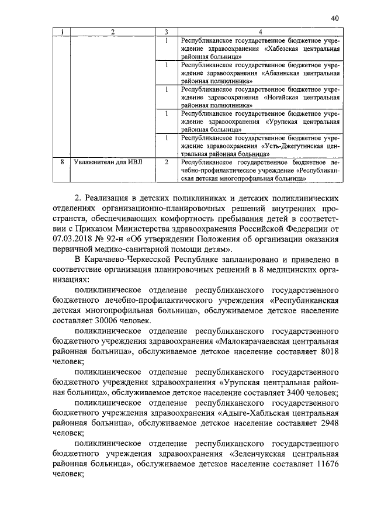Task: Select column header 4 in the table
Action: [x=259, y=31]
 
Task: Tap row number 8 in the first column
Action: [x=61, y=161]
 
